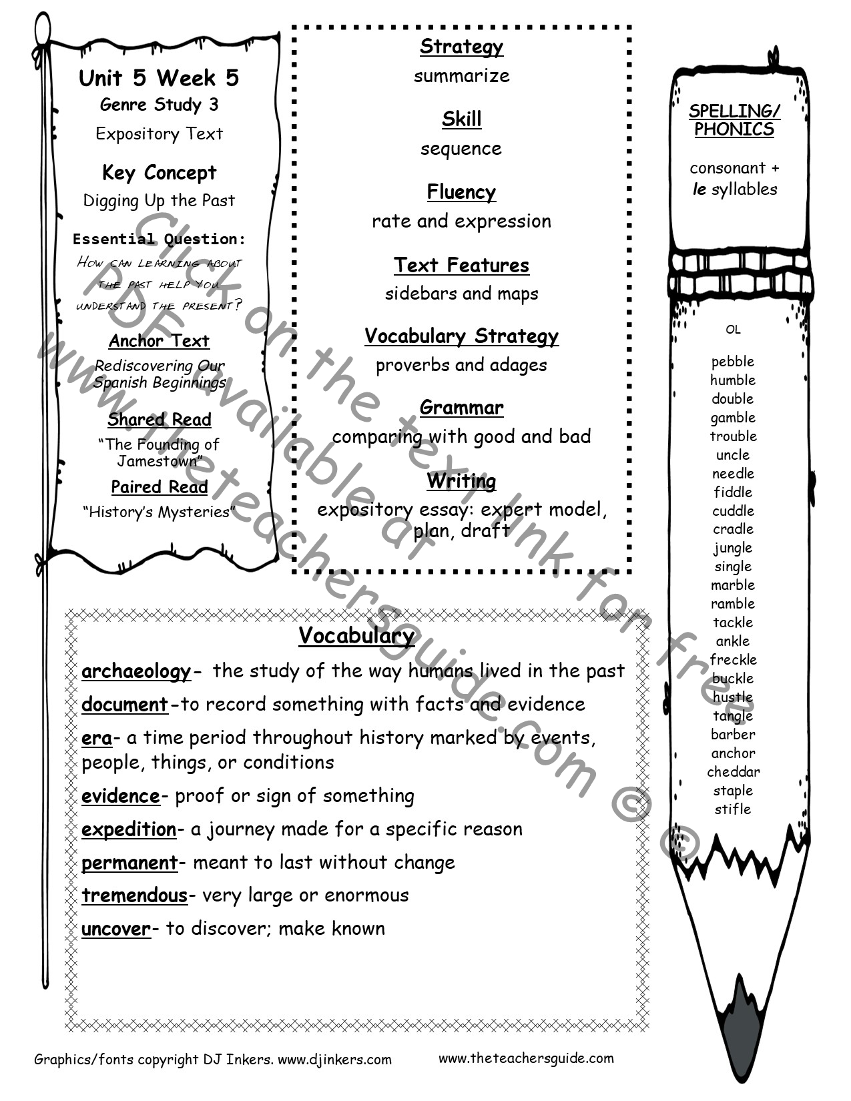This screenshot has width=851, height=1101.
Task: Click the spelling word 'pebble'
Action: coord(732,362)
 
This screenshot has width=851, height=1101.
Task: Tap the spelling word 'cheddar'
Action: coord(733,772)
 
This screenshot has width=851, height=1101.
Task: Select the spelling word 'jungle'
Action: coord(732,548)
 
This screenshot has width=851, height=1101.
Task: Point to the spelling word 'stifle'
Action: coord(732,809)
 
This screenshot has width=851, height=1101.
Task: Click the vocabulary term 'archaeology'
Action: coord(136,671)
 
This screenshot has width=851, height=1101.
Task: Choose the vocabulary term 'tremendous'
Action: coord(134,895)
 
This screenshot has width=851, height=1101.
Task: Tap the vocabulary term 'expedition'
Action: coord(129,829)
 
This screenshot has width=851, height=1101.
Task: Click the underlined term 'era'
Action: coord(97,738)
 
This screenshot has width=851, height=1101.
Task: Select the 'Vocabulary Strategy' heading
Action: coord(461,336)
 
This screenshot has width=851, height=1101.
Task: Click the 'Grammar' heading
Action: coord(461,408)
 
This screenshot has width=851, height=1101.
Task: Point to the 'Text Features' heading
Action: coord(461,266)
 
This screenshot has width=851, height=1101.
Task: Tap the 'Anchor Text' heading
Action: coord(159,341)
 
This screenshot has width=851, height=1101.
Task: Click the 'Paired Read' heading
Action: coord(159,487)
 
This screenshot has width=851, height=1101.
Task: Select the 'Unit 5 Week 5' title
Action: coord(159,78)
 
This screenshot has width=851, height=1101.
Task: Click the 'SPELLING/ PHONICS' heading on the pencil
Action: coord(734,120)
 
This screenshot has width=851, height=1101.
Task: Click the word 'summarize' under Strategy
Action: coord(461,76)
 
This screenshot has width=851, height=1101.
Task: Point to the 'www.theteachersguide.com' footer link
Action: coord(526,1058)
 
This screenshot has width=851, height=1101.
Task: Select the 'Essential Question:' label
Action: coord(159,239)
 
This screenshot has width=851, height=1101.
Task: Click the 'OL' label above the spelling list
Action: coord(733,330)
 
